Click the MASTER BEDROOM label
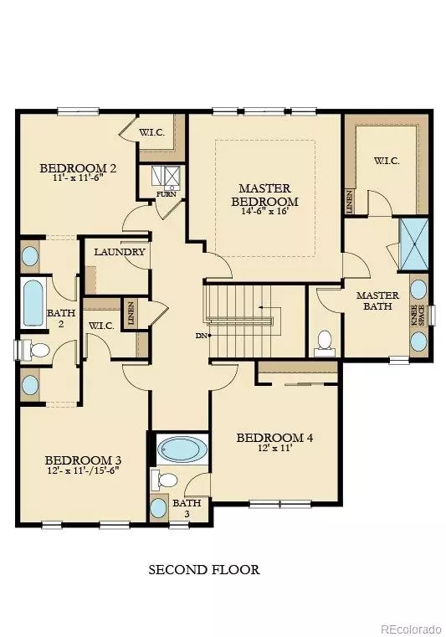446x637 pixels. (x=264, y=195)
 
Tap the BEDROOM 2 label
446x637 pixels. (x=78, y=168)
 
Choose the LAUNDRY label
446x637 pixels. (x=120, y=252)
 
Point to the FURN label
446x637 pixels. (x=166, y=195)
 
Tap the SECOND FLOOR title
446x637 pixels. (x=204, y=570)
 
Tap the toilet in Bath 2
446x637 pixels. (x=31, y=348)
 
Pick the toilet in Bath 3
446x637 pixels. (x=166, y=480)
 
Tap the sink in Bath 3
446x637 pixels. (x=160, y=508)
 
